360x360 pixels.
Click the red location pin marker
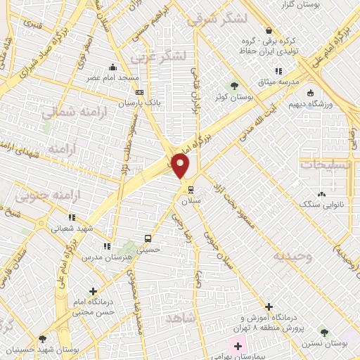point(181,165)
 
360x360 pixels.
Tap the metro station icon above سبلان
point(191,188)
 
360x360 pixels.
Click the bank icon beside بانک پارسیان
point(139,92)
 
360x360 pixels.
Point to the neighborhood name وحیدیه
point(294,257)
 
